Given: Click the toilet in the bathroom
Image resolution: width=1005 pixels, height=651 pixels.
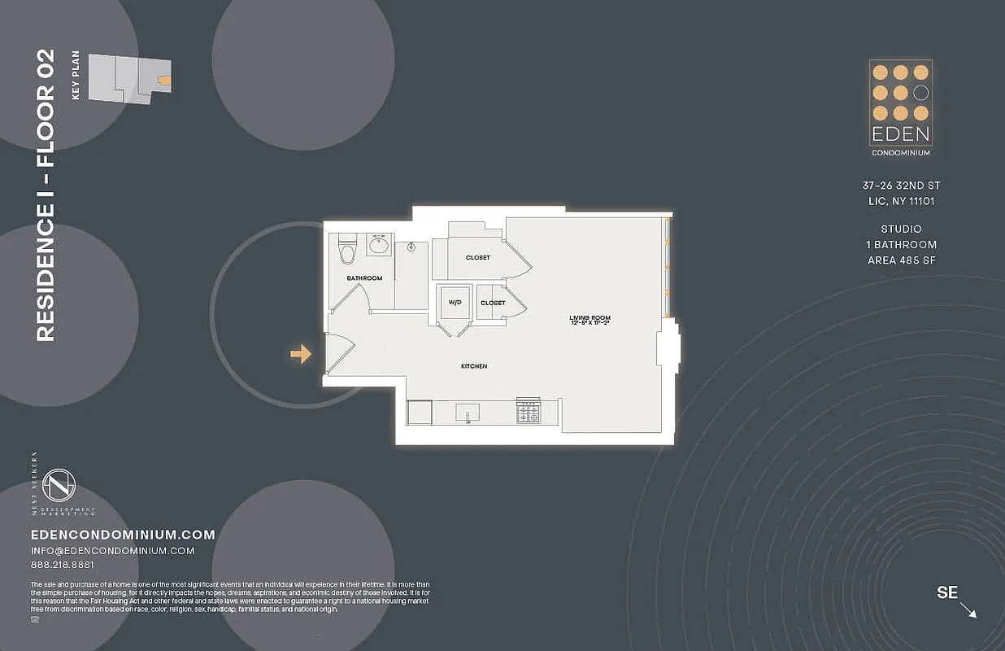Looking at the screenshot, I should tap(347, 251).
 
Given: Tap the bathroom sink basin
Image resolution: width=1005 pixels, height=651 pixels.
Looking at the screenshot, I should tap(379, 244).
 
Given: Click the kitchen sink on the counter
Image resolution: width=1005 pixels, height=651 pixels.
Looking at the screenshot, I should tap(468, 413).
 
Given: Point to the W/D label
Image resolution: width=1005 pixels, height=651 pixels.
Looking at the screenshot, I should tap(455, 303).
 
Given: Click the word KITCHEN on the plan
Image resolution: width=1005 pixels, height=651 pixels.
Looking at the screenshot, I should tap(474, 366).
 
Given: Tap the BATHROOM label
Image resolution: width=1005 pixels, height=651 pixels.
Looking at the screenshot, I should tap(364, 278).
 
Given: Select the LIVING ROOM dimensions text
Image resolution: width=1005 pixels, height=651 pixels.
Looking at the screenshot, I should tap(590, 323).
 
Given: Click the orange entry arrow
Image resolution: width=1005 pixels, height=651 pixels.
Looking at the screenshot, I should tap(301, 353).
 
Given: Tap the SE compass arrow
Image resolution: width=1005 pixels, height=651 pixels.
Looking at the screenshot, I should tap(968, 609).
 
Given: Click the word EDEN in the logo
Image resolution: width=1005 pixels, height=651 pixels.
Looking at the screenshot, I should tap(900, 133).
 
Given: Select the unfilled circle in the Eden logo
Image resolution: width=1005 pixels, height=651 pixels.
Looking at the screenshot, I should tap(920, 93).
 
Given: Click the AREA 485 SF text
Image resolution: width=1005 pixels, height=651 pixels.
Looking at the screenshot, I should tap(901, 260).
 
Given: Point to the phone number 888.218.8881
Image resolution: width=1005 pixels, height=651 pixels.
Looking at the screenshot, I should tap(62, 565).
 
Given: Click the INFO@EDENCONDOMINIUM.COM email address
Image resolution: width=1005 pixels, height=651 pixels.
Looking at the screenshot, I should tap(112, 551).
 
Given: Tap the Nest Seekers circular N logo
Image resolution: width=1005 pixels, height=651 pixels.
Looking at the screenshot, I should tap(59, 486).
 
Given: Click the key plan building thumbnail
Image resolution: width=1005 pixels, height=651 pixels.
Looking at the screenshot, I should tap(129, 78).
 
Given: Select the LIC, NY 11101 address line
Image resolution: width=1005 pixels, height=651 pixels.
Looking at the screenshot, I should tap(901, 201).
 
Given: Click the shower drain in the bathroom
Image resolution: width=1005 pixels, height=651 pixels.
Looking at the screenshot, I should tap(412, 246).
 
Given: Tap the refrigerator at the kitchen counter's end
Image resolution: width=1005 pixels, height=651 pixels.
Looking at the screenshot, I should tap(420, 413).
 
